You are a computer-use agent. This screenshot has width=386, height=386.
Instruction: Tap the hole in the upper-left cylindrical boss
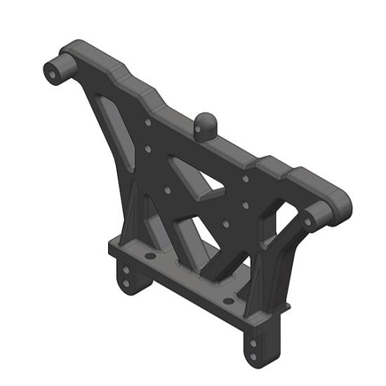(x=52, y=72)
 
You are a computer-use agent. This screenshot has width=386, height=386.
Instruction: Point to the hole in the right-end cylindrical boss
(x=307, y=220)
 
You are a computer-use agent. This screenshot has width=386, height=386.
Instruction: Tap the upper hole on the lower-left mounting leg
(x=126, y=269)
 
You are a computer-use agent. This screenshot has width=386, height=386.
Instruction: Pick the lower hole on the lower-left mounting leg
(x=126, y=284)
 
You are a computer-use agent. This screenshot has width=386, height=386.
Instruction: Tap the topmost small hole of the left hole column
(x=147, y=122)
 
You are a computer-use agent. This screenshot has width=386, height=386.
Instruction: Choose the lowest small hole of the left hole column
(x=167, y=189)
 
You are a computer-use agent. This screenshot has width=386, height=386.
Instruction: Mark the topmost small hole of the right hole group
(x=245, y=178)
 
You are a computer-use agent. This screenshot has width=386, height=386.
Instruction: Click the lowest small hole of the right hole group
(x=226, y=225)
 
